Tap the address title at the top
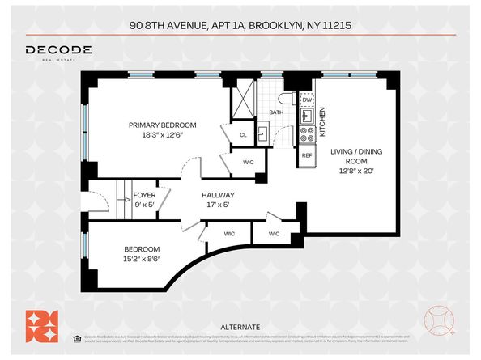click(240, 25)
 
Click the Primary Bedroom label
click(163, 125)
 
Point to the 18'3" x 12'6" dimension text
click(163, 136)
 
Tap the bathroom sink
click(263, 133)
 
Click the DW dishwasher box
click(307, 100)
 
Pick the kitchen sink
click(307, 115)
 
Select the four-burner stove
click(307, 133)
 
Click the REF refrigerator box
click(307, 155)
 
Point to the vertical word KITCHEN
click(321, 121)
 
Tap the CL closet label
click(243, 135)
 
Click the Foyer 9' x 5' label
click(144, 200)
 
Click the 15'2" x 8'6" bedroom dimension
click(142, 259)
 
